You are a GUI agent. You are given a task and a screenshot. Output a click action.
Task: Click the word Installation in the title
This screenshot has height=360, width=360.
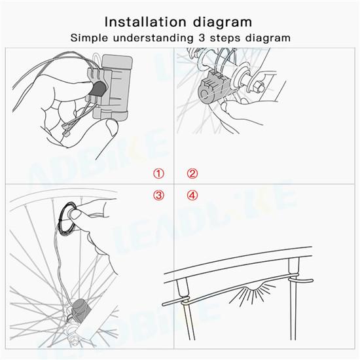coord(145,22)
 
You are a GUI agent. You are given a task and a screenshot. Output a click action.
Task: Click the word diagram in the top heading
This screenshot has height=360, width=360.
coord(223,23)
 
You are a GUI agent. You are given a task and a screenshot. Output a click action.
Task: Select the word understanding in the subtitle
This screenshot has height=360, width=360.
coord(153,39)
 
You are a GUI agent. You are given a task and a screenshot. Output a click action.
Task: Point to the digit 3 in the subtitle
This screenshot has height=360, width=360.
coord(202,38)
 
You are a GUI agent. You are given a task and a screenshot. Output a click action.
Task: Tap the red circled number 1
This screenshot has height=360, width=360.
coord(158,173)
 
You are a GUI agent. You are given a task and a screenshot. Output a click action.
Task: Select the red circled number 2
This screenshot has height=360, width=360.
coord(192,173)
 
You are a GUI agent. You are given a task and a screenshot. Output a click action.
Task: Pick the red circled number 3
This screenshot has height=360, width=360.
coord(158,196)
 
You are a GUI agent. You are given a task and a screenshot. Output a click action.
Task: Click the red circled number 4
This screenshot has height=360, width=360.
coord(192,196)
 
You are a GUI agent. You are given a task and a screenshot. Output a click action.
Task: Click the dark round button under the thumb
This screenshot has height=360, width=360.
coord(98,88)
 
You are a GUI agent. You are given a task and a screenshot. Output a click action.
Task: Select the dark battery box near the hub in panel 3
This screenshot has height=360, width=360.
coord(79,311)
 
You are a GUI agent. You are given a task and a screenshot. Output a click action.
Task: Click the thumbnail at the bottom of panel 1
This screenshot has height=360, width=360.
coord(112,128)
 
